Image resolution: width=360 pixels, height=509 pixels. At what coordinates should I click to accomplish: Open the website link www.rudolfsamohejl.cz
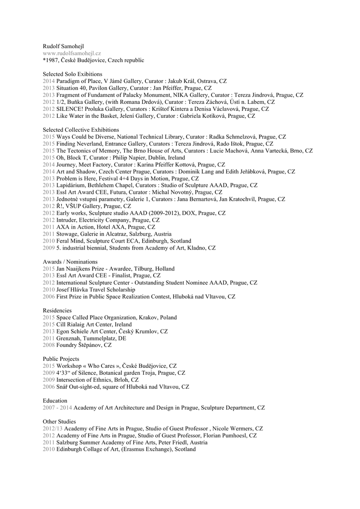click(72, 53)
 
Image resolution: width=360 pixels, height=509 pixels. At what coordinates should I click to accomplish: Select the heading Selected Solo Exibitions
click(73, 74)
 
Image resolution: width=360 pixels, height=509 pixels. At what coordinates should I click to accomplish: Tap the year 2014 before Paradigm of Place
click(49, 81)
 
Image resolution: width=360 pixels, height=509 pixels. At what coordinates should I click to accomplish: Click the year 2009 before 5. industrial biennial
click(49, 248)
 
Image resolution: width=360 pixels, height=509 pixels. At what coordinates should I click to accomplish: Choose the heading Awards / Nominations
click(70, 261)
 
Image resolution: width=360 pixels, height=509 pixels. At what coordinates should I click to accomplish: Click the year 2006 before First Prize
click(49, 296)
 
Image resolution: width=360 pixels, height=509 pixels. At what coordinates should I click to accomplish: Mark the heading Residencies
click(57, 310)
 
